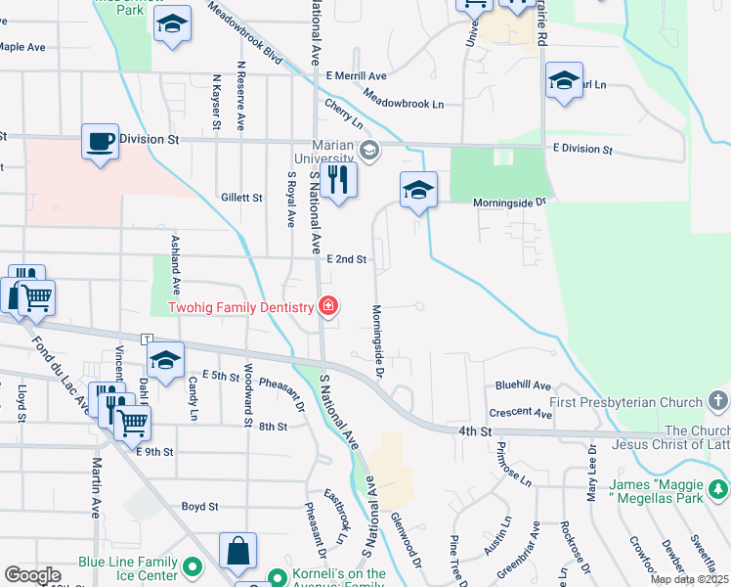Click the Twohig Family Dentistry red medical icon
pyautogui.click(x=328, y=307)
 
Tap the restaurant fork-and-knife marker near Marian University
pyautogui.click(x=338, y=181)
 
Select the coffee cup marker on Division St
pyautogui.click(x=100, y=143)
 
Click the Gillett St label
pyautogui.click(x=241, y=197)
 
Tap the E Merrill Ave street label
pyautogui.click(x=357, y=75)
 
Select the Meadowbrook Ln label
pyautogui.click(x=403, y=99)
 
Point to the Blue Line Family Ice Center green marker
pyautogui.click(x=193, y=566)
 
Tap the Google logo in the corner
pyautogui.click(x=32, y=575)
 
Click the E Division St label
pyautogui.click(x=581, y=150)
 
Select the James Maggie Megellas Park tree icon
pyautogui.click(x=718, y=487)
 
